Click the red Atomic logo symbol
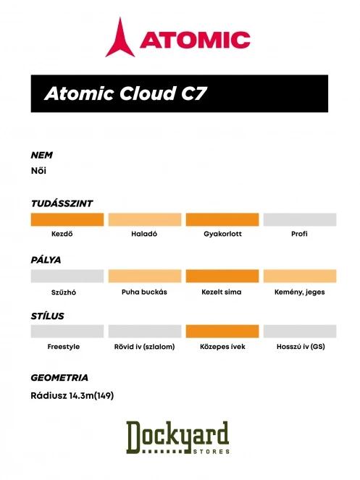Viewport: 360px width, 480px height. [x=120, y=38]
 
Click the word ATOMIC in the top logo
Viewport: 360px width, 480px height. [x=195, y=40]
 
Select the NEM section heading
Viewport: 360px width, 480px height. [x=41, y=155]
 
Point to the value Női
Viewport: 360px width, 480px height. [x=39, y=171]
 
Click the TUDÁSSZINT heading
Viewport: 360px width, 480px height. [x=61, y=203]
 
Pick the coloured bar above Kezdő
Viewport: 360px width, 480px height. [x=67, y=220]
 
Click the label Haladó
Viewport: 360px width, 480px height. [x=144, y=235]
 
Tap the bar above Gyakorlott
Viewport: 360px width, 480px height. [x=222, y=220]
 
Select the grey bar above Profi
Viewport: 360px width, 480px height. [x=299, y=220]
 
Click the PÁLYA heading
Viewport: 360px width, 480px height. [x=46, y=259]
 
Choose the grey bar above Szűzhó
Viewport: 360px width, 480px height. [x=67, y=276]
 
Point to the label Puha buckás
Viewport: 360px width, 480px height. [x=144, y=291]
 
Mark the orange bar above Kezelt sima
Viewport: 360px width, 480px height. [x=222, y=276]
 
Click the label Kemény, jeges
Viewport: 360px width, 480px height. [x=299, y=291]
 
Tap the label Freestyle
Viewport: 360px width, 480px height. [x=64, y=347]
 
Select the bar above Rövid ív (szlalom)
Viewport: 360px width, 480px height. [x=144, y=331]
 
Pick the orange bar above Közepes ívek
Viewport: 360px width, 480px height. [x=222, y=331]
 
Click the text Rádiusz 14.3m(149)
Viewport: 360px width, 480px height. [x=73, y=395]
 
